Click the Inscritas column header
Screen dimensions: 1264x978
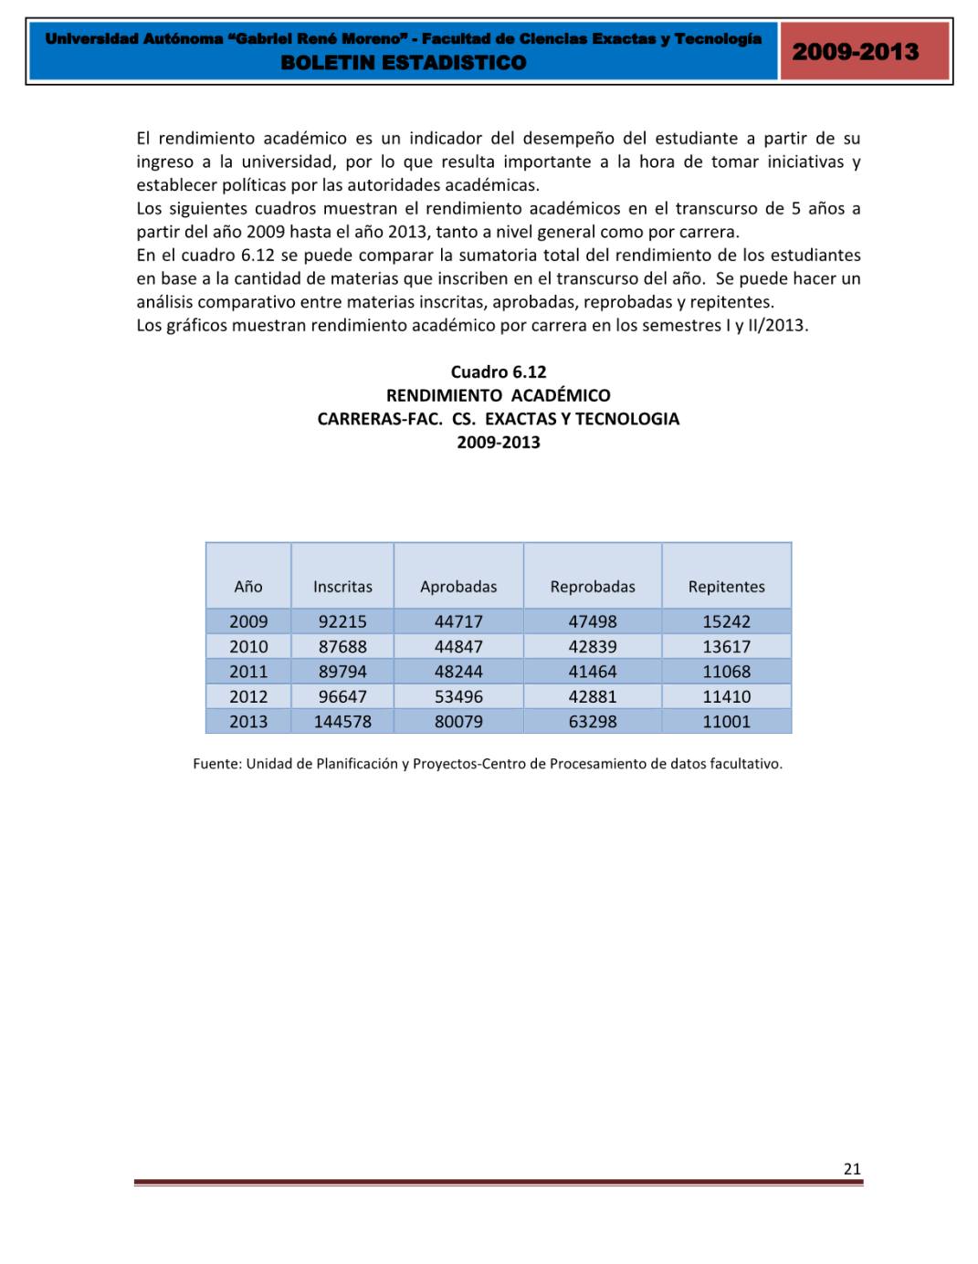pos(342,587)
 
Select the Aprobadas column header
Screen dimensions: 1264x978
pos(458,587)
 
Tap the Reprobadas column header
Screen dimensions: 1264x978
pos(593,587)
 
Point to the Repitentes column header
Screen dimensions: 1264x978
pos(727,587)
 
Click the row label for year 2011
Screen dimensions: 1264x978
pos(248,672)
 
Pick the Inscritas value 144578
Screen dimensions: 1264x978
pos(342,722)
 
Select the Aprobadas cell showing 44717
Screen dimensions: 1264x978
pos(458,622)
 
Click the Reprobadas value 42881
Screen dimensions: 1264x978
pos(593,696)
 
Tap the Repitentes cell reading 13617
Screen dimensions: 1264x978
pos(727,646)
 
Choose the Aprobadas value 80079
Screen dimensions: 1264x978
pos(458,722)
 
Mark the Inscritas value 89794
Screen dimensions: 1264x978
pos(342,672)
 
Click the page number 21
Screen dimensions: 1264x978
pos(852,1169)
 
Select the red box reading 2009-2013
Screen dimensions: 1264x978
pos(856,52)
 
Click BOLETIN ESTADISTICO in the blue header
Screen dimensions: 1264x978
pos(404,63)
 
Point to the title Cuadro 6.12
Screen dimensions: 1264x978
pos(499,371)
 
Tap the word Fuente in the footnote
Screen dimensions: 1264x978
pos(216,764)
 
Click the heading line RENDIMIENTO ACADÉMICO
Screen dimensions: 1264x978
pos(499,395)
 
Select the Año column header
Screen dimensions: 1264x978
pos(248,587)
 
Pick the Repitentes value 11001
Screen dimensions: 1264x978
pos(727,722)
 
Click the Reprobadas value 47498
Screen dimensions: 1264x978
pos(593,622)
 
